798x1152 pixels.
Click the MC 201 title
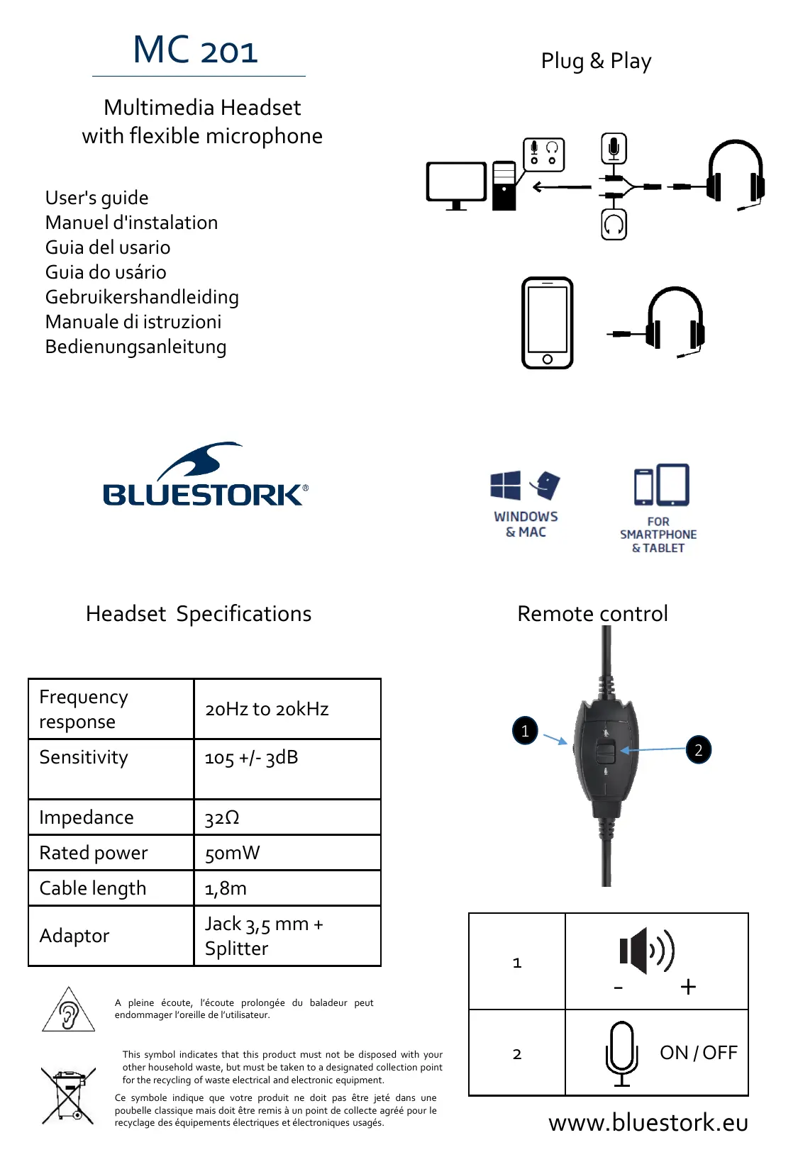(196, 50)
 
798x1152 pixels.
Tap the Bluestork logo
(205, 477)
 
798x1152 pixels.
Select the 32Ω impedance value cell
(222, 818)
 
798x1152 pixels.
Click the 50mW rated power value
(233, 853)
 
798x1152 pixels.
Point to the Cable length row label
(93, 888)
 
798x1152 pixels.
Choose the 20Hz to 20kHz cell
(267, 709)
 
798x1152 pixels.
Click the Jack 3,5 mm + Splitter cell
(264, 936)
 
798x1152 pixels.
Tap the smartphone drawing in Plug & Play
(547, 323)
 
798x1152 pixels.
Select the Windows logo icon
(506, 486)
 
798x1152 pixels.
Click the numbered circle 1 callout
(525, 730)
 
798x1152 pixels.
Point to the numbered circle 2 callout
(699, 750)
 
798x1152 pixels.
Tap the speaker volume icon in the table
(646, 951)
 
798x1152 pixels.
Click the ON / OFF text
(699, 1053)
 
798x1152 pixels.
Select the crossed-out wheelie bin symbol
(68, 1095)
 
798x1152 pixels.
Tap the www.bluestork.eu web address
(648, 1122)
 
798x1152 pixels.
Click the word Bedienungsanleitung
(136, 347)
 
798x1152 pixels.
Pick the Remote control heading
(592, 613)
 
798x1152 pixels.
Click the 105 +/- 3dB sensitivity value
(251, 758)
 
